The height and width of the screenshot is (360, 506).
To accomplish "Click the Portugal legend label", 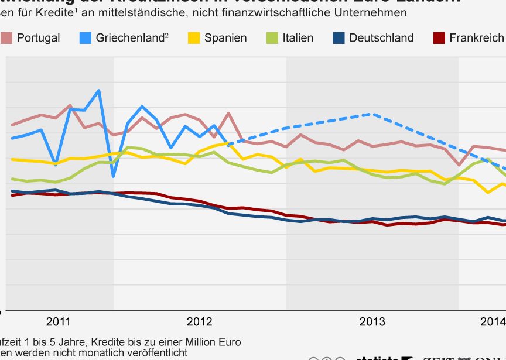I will tap(38, 38).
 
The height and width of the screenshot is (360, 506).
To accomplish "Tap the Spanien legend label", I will tap(225, 38).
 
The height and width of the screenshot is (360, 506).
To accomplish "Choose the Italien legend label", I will tap(298, 38).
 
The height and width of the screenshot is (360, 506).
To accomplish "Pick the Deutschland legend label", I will tap(381, 38).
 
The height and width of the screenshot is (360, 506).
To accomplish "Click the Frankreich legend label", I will tap(476, 38).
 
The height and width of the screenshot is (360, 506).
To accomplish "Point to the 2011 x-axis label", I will tap(58, 321).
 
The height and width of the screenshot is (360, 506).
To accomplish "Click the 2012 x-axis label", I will tap(199, 321).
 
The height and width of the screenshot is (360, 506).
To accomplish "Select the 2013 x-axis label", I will tap(372, 321).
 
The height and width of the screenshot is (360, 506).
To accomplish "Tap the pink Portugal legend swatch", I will tap(6, 38).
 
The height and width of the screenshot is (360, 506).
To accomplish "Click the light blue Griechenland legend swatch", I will tap(85, 38).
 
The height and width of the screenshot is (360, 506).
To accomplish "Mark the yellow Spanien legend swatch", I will tap(194, 38).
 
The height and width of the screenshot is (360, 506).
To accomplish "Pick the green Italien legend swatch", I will tap(272, 38).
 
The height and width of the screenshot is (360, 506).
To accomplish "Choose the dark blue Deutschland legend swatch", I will tap(339, 38).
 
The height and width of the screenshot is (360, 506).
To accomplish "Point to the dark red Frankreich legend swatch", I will tap(439, 38).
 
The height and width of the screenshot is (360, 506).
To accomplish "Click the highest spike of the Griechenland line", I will tap(99, 90).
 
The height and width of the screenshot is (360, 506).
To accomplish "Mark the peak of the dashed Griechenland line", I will tap(371, 114).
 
